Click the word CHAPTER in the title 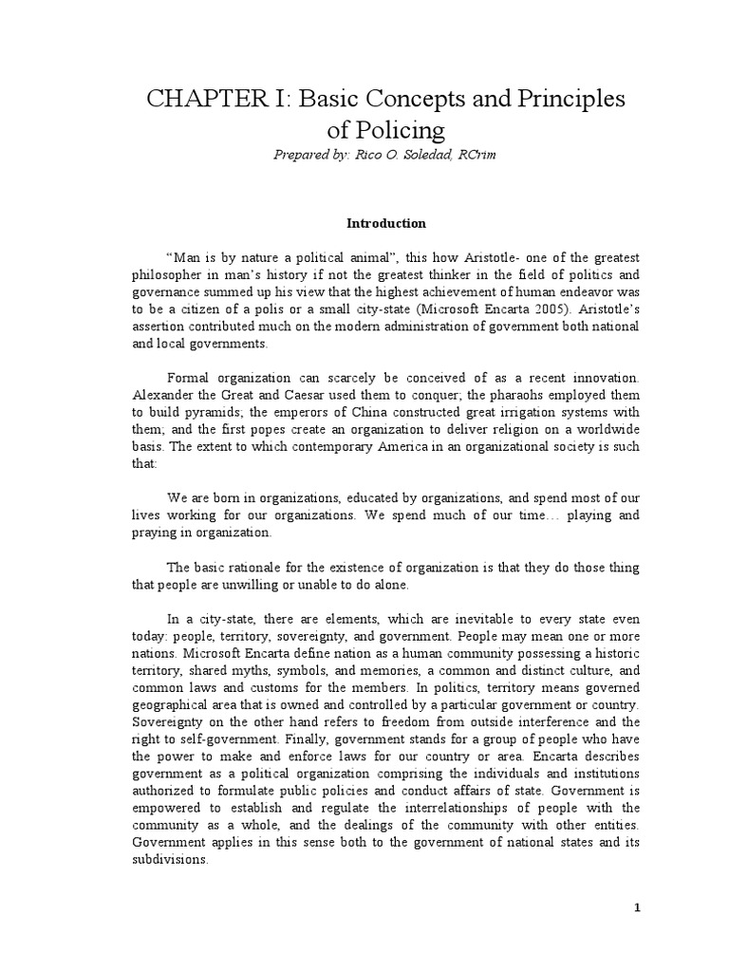click(x=186, y=100)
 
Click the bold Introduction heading click(x=372, y=224)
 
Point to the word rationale click(x=235, y=567)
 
